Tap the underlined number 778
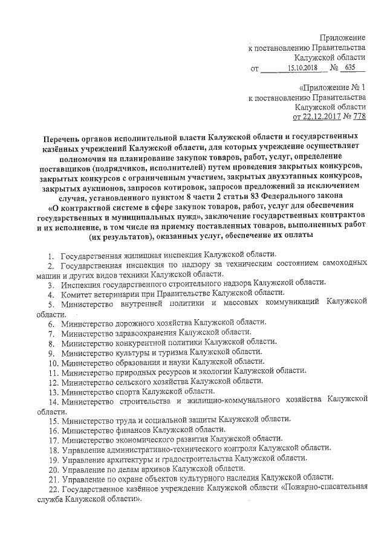tap(359, 116)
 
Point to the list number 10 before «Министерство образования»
tap(52, 361)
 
